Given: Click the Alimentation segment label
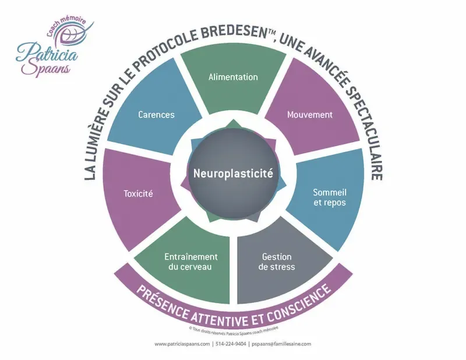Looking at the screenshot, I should coord(233,77).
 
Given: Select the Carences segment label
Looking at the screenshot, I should coord(156,115).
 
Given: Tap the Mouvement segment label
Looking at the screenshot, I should coord(310,115).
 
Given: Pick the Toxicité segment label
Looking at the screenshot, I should coord(139,193).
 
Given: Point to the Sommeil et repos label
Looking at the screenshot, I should coord(330,197).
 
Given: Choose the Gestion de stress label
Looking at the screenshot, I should coord(278,262).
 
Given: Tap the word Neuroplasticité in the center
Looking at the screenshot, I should coord(233,172).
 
